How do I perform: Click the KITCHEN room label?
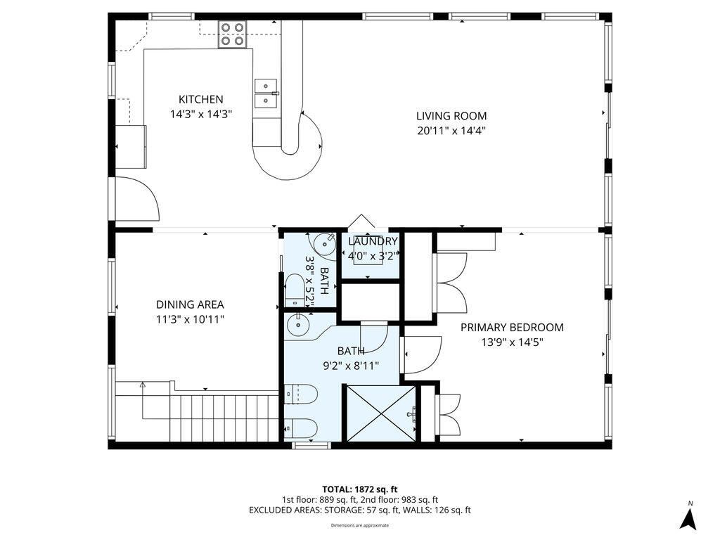(200, 100)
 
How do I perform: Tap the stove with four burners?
(233, 34)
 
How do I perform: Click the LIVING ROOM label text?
(451, 116)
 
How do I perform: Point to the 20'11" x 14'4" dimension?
(451, 130)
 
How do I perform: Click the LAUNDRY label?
(373, 242)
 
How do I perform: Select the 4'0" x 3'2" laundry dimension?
(373, 256)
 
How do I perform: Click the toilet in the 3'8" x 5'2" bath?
(295, 290)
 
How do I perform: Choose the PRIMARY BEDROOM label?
(512, 328)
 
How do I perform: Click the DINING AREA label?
(190, 304)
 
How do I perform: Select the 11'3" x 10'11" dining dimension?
(190, 319)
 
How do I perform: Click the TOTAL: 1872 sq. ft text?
(360, 489)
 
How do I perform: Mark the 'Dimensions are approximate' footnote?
(360, 525)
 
